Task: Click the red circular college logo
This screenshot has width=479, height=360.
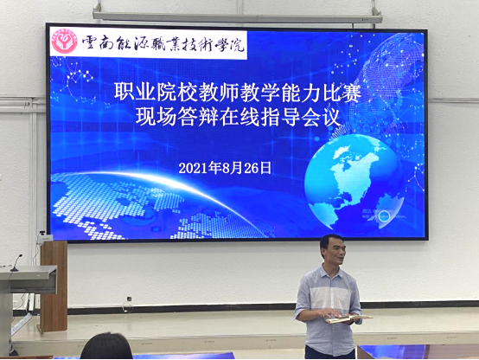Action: (65, 42)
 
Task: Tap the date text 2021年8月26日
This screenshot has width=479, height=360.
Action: (225, 168)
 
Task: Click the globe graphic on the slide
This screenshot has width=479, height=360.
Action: (354, 181)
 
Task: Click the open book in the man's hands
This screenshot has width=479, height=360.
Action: (348, 318)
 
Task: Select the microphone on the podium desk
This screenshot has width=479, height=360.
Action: (16, 263)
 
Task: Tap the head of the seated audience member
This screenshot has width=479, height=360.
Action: (106, 346)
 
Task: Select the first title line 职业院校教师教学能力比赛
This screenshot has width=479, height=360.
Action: (238, 92)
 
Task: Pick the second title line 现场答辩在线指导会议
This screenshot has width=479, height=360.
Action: (238, 117)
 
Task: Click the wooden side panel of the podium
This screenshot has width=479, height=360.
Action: (54, 286)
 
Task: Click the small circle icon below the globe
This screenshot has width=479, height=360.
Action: (385, 216)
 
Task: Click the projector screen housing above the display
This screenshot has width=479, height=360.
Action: (238, 17)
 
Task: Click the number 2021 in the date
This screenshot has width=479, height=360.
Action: (194, 169)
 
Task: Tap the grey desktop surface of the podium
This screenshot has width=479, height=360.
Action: (29, 272)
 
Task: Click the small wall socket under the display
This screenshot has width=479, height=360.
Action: (129, 299)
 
